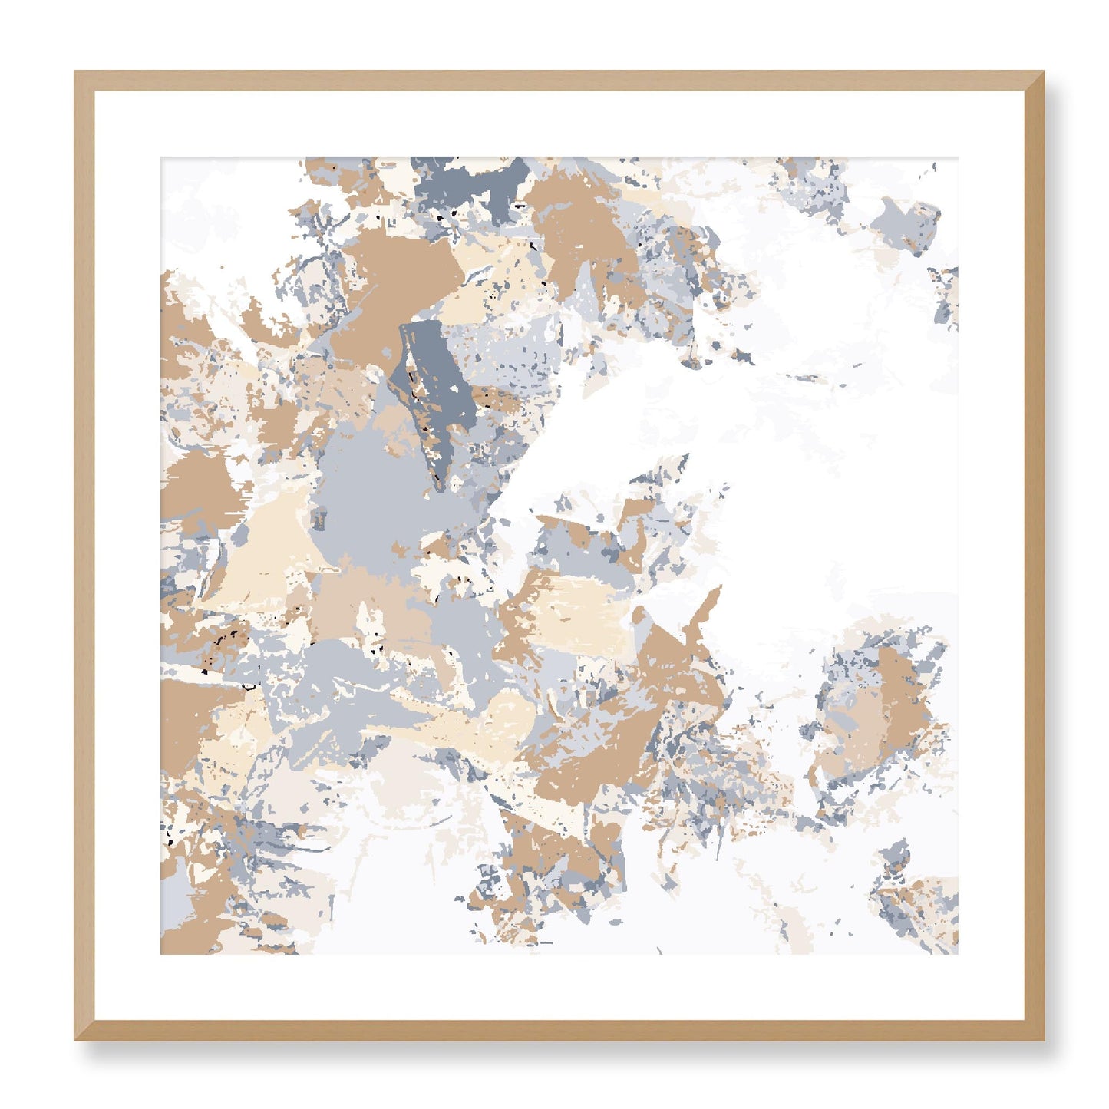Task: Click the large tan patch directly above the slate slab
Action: coord(399,276)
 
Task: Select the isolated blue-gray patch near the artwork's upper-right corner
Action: coord(909,219)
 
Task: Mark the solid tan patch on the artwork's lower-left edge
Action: coord(188,721)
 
